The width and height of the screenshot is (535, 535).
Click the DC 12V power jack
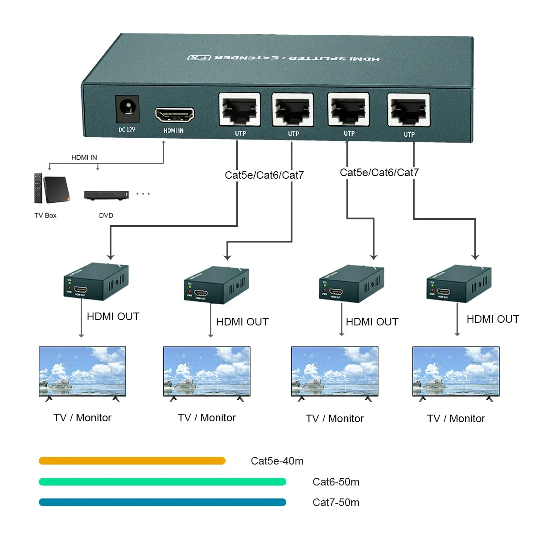[128, 109]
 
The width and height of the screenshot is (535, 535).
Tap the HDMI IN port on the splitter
[174, 115]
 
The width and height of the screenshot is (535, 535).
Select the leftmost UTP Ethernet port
[240, 110]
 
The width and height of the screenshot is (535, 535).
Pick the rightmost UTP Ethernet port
[409, 110]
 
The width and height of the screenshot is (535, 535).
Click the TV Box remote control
[38, 188]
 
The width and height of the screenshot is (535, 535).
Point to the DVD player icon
[107, 195]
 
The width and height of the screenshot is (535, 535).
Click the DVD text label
[106, 215]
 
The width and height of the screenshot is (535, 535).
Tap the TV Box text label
[45, 215]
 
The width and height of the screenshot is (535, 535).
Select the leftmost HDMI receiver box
[96, 282]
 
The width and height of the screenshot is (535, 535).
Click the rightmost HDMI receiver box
[459, 284]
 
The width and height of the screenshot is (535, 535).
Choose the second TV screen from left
[207, 371]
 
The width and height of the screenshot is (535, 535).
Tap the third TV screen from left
[335, 371]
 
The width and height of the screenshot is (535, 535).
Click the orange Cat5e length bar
[132, 461]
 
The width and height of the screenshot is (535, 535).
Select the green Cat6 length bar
[162, 481]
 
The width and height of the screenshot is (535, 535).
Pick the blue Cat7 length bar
[162, 502]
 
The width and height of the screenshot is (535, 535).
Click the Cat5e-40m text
[277, 461]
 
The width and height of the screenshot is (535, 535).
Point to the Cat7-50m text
[336, 502]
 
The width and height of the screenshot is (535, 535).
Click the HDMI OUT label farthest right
[493, 319]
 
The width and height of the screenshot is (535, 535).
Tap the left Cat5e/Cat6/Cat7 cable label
[264, 175]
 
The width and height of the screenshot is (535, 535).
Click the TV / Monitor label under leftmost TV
[82, 418]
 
